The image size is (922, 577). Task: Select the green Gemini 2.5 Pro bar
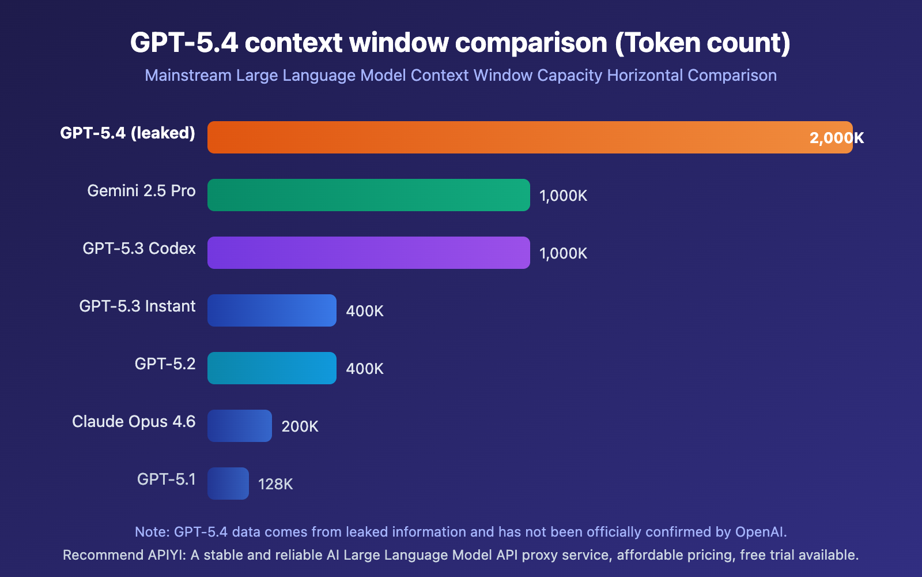369,195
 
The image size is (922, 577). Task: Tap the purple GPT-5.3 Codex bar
369,253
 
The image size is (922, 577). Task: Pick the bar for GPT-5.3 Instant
272,310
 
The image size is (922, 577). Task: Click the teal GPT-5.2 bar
272,368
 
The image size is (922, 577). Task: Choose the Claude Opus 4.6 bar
240,426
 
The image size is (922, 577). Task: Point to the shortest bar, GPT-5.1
228,484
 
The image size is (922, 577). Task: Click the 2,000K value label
836,138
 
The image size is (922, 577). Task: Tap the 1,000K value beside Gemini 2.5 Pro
563,196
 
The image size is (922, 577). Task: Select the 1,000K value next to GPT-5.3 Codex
563,253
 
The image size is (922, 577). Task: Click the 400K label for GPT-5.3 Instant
364,311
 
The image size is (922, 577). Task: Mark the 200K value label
300,426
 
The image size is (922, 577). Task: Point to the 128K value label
275,484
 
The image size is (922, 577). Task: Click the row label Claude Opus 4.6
134,422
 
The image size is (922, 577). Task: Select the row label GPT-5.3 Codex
139,249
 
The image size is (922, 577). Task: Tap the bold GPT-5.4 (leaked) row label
127,133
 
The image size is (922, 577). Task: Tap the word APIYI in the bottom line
167,555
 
